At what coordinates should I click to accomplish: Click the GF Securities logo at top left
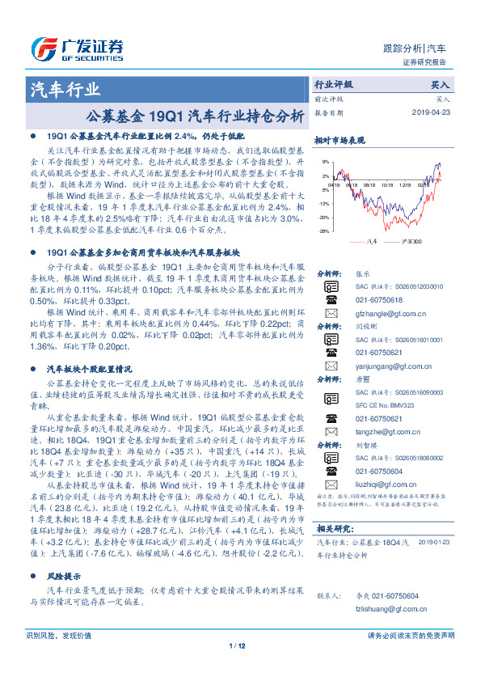[x=77, y=48]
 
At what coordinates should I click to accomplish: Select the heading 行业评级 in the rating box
[x=333, y=84]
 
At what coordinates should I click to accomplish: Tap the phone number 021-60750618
[x=378, y=298]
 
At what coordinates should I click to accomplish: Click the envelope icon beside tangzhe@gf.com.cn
[x=331, y=431]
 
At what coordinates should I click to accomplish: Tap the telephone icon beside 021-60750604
[x=331, y=470]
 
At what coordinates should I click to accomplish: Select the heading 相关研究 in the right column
[x=332, y=529]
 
